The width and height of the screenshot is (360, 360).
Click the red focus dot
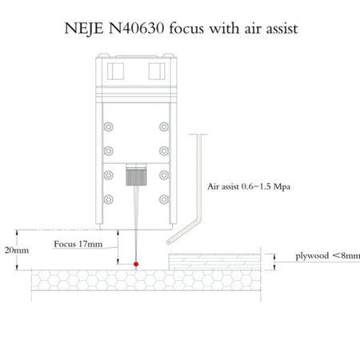[136, 264]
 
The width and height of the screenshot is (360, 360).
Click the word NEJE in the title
[84, 28]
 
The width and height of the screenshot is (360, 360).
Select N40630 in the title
[136, 28]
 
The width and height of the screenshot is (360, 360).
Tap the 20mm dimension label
[17, 250]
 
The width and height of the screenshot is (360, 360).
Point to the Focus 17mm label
[78, 244]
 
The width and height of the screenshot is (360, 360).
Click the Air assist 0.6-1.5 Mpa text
[249, 186]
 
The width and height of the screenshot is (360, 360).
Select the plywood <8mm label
[328, 256]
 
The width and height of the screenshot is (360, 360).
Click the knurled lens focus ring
[136, 177]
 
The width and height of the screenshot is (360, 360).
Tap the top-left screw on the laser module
[108, 126]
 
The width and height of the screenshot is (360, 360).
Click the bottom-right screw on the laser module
[164, 199]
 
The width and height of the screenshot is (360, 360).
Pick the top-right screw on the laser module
[164, 126]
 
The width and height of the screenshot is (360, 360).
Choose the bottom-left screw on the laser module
[108, 199]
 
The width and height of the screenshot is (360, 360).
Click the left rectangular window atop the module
[115, 71]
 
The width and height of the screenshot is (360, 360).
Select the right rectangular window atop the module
[157, 71]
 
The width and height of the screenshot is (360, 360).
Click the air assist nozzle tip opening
[169, 242]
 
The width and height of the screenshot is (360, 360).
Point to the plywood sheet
[214, 262]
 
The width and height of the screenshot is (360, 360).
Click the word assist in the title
[282, 29]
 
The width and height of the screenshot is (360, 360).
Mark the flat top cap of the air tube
[198, 134]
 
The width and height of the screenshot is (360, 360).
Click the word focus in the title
[186, 28]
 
